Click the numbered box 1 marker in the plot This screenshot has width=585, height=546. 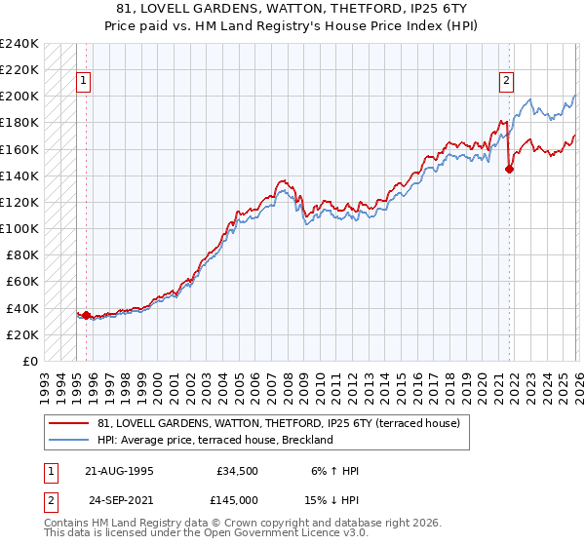[x=85, y=82]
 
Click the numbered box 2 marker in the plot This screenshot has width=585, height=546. [x=508, y=82]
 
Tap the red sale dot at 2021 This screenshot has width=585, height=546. [x=509, y=169]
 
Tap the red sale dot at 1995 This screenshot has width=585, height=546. [x=86, y=315]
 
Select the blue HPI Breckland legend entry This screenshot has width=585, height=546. [x=214, y=440]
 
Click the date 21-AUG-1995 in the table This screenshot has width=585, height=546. [x=119, y=471]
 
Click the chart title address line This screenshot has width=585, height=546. [x=292, y=9]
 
